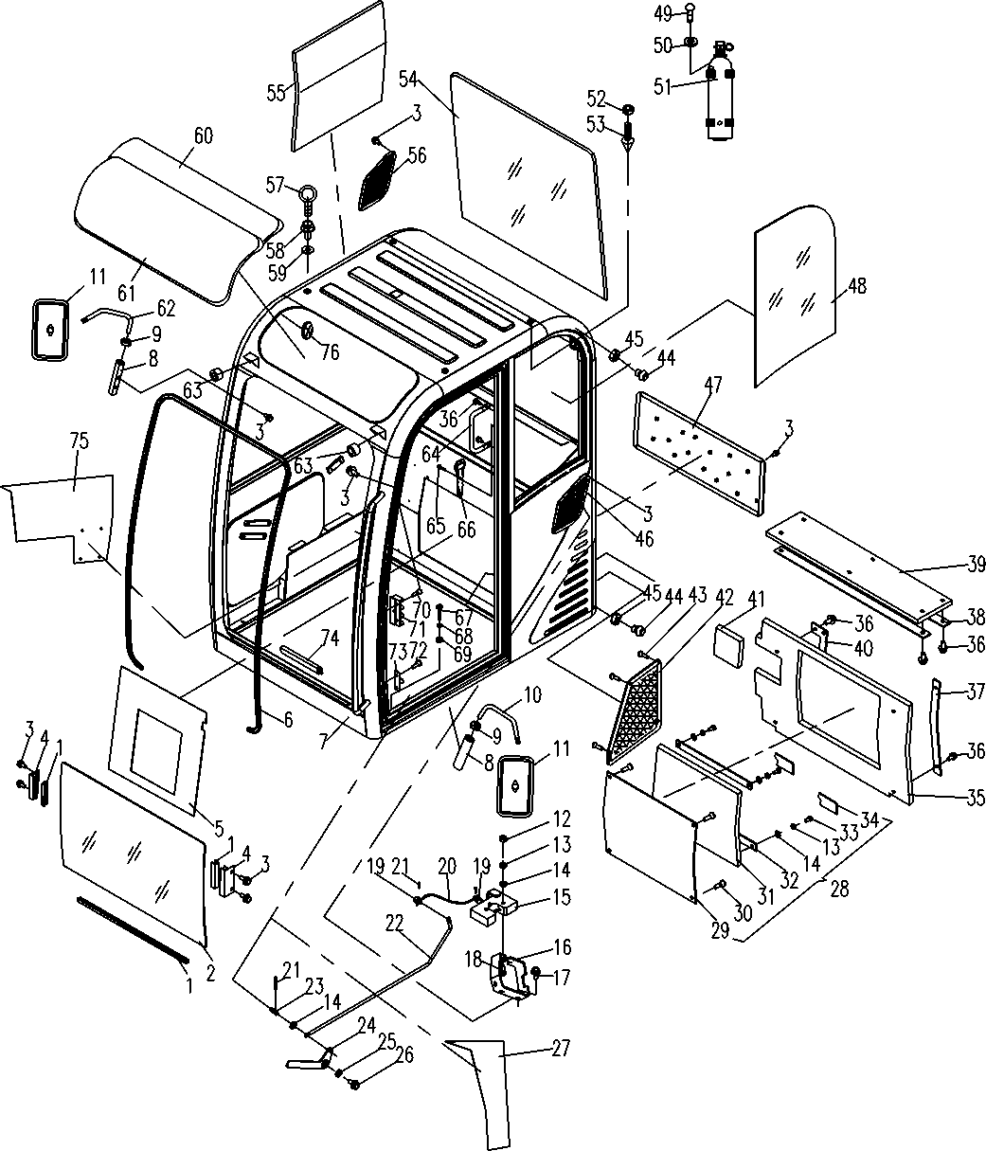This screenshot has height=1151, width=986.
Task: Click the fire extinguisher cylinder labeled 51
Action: tap(721, 94)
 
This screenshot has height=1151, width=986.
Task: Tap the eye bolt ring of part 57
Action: tap(307, 193)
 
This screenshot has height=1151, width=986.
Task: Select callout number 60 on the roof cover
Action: tap(204, 135)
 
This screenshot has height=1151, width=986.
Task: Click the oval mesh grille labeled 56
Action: tap(378, 180)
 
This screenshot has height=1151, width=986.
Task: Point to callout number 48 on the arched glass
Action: tap(857, 286)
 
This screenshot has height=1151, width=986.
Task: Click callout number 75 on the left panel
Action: tap(80, 441)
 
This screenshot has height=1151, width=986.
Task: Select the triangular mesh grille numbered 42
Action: tap(635, 711)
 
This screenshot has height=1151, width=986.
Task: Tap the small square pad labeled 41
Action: tap(729, 646)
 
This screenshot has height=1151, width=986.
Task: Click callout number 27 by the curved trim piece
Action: tap(561, 1048)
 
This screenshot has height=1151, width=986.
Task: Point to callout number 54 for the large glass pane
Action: tap(408, 79)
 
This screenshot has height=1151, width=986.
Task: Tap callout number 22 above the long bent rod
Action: tap(394, 924)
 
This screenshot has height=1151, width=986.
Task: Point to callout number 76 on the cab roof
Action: tap(331, 351)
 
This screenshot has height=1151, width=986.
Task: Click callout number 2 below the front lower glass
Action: tap(210, 973)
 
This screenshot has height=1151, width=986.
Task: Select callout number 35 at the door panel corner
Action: tap(975, 798)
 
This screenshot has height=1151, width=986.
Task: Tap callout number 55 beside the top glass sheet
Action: tap(276, 93)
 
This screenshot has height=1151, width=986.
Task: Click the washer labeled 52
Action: tap(627, 108)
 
